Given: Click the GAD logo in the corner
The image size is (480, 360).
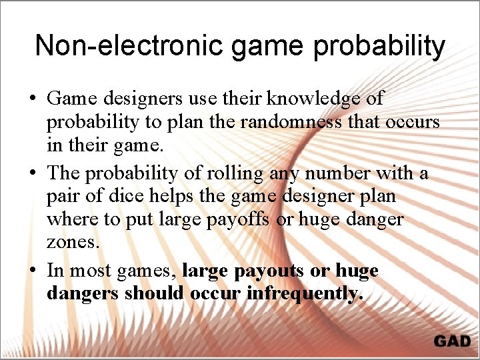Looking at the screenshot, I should tap(452, 341).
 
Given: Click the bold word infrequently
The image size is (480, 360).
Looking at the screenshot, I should tap(305, 294).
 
